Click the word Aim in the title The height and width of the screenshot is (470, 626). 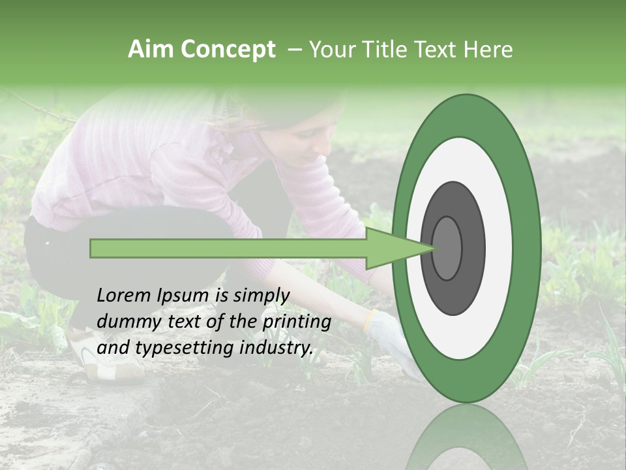(x=151, y=50)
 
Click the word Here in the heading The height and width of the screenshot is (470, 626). (x=488, y=50)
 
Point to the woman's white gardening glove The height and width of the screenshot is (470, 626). (x=391, y=340)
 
